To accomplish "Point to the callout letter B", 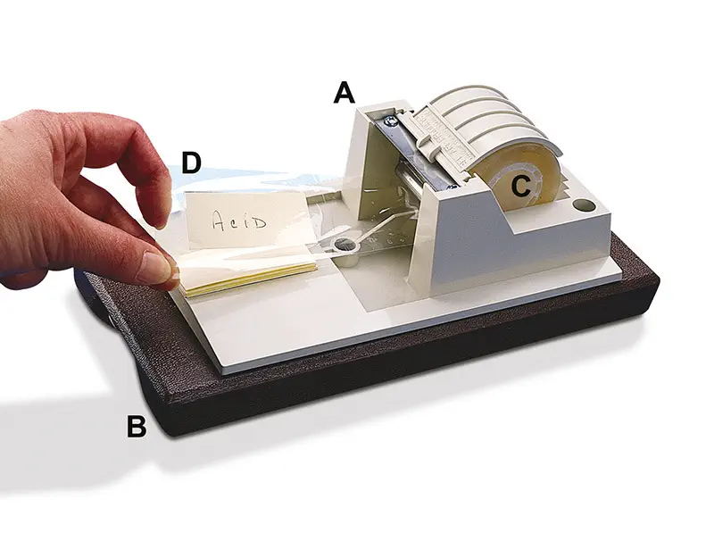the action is point(137,427).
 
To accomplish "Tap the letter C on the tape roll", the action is point(521,186).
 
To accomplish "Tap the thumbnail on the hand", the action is point(155,268).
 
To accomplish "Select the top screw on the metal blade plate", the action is point(388,121).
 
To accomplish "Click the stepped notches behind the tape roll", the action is point(565,182).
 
